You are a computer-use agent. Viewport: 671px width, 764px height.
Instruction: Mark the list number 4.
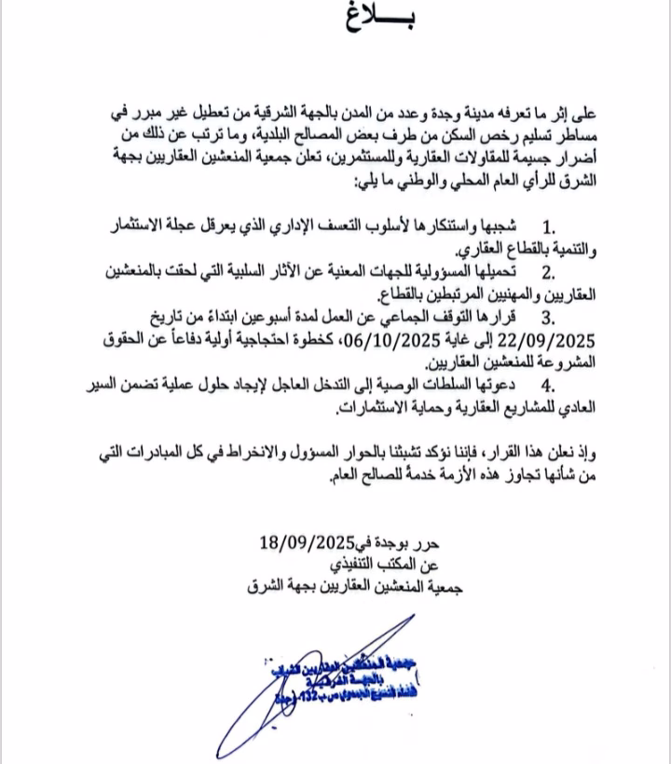click(x=548, y=385)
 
